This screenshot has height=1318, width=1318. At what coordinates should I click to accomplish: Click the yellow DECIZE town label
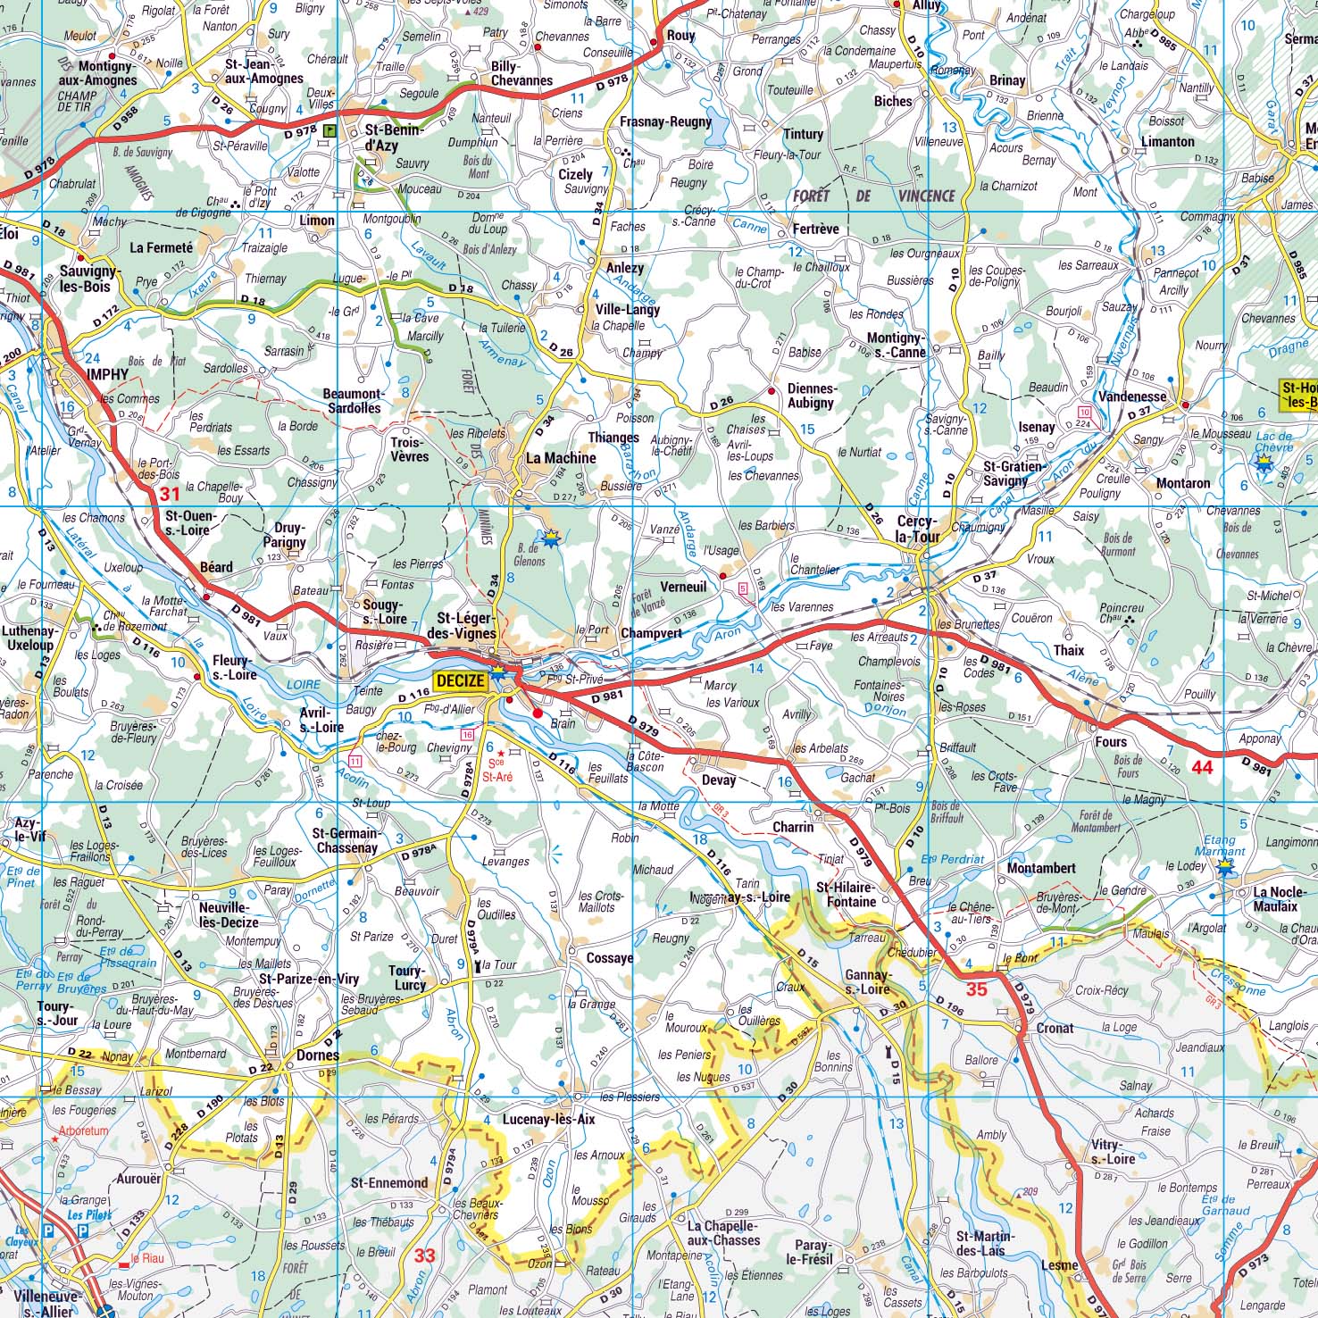click(461, 681)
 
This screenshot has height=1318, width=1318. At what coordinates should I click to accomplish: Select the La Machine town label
click(560, 458)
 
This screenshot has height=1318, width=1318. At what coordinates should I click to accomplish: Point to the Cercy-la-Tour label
click(917, 530)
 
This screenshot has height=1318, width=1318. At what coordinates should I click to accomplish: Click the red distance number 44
click(1202, 767)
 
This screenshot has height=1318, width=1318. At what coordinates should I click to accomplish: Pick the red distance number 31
click(170, 494)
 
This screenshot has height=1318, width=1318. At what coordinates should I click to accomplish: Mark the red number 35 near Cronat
click(977, 988)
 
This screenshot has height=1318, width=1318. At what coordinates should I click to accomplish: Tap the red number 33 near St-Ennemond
click(424, 1255)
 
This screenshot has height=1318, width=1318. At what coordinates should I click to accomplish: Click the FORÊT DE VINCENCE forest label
click(873, 196)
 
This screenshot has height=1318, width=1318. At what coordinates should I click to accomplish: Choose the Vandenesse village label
click(1132, 396)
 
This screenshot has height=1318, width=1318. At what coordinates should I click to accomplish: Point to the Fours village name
click(1111, 741)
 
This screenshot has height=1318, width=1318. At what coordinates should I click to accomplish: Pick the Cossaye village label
click(610, 958)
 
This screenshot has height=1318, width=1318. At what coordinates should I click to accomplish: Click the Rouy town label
click(680, 37)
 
